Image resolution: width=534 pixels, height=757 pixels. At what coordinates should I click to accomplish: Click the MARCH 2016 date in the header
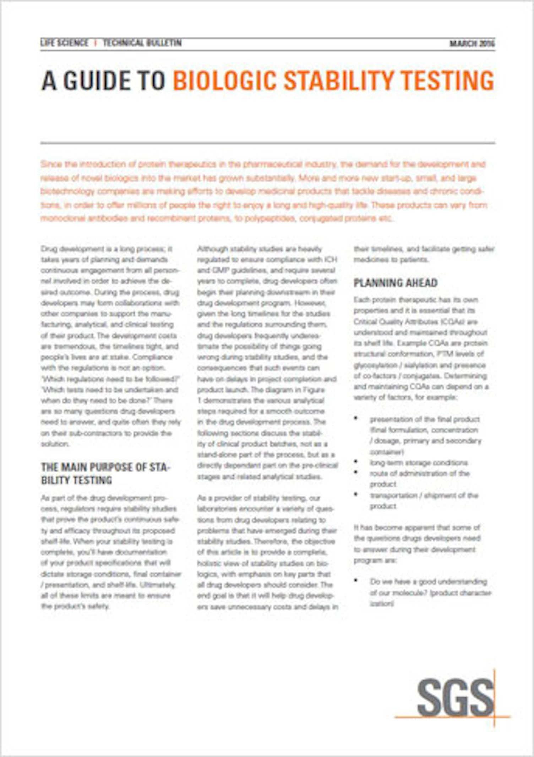[x=472, y=44]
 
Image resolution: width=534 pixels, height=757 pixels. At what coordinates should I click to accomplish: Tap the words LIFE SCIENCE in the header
[x=64, y=43]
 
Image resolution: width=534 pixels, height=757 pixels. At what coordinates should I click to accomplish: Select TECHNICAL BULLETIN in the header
[x=142, y=43]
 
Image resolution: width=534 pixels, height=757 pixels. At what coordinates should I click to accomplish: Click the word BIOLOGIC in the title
[x=224, y=81]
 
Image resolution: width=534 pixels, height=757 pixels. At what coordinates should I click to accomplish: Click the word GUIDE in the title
[x=97, y=81]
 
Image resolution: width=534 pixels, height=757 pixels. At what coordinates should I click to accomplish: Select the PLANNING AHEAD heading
[x=395, y=283]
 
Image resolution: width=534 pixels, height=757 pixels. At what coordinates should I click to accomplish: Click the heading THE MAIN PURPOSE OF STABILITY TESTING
[x=105, y=473]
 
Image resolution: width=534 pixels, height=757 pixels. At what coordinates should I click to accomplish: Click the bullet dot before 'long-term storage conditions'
[x=356, y=462]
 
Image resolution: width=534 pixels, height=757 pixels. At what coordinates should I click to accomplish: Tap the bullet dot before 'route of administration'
[x=356, y=472]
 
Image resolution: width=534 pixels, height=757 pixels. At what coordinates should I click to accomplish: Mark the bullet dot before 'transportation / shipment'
[x=356, y=494]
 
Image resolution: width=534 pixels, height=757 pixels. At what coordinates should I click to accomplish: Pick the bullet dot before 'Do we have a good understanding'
[x=356, y=580]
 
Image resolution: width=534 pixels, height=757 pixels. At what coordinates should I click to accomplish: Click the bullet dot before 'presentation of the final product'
[x=356, y=418]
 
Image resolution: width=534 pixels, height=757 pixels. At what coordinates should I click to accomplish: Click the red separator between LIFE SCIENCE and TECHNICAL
[x=95, y=43]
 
